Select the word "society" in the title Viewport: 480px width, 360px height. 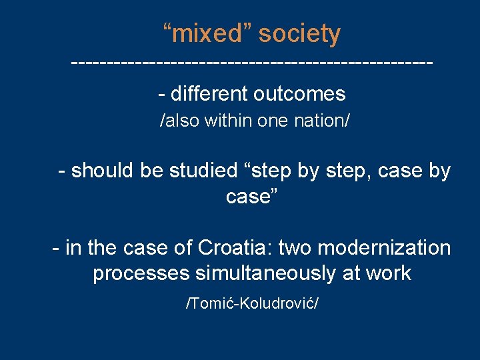point(299,33)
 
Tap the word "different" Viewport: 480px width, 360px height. point(209,94)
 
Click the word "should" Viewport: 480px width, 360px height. point(103,171)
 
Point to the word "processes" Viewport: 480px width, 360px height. point(141,273)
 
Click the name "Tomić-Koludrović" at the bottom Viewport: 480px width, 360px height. point(251,304)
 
